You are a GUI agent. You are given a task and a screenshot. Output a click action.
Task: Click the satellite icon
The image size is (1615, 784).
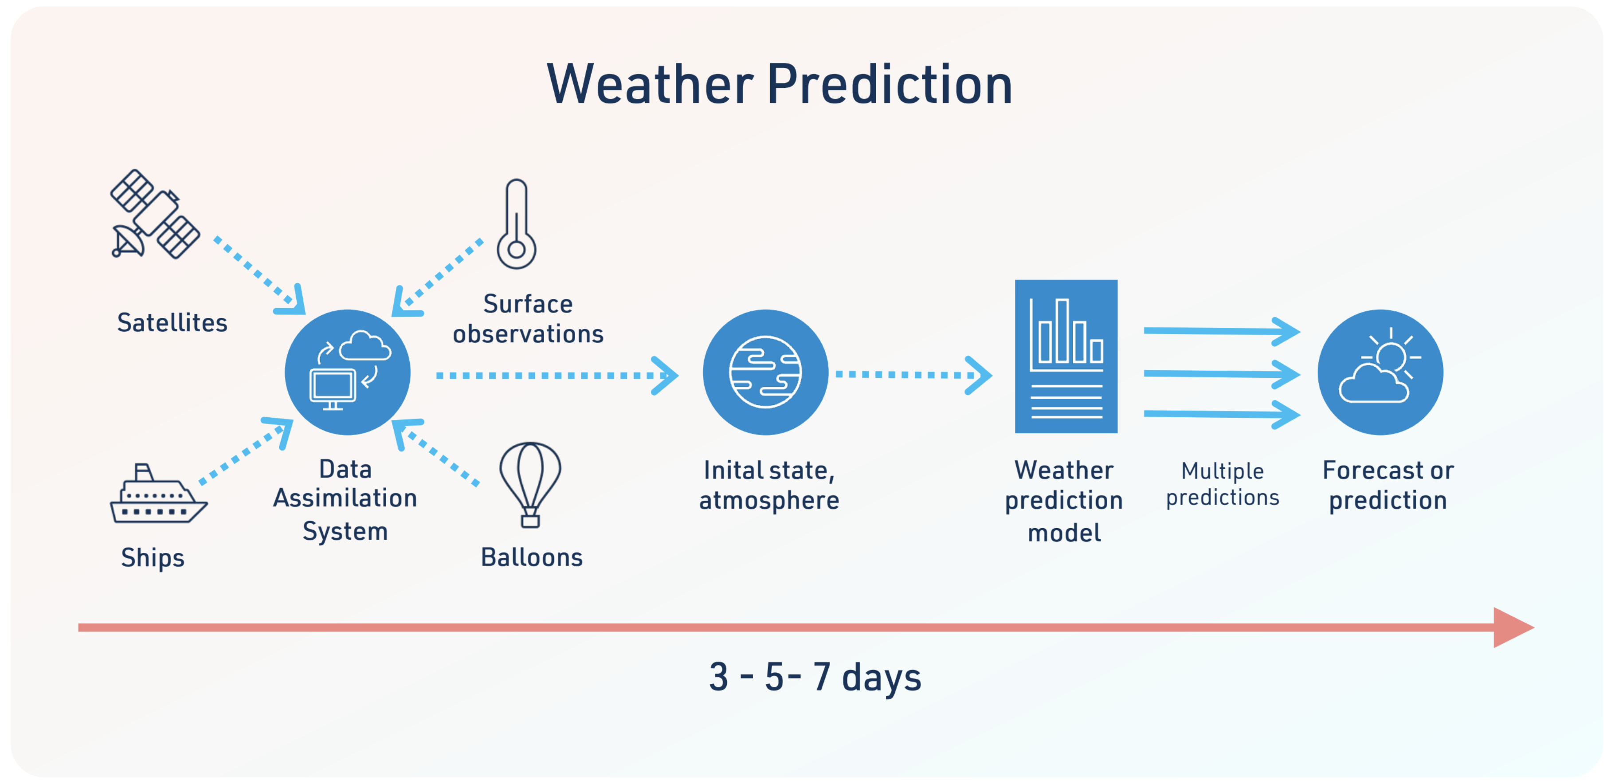coord(155,214)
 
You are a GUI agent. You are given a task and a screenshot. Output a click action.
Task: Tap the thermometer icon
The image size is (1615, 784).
coord(516,224)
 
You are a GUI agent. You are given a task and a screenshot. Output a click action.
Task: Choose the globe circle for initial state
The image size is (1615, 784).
coord(765,372)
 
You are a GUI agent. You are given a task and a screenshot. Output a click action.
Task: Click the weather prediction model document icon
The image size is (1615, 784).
coord(1066,356)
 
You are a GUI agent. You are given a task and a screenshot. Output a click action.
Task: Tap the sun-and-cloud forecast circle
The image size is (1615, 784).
coord(1380,372)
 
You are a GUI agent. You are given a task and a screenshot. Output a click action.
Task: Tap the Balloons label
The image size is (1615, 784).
coord(532,557)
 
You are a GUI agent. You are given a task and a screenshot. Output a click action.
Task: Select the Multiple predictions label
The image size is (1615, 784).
coord(1222,484)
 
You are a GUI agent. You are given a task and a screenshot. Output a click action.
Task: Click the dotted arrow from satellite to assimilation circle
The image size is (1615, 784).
coord(259,275)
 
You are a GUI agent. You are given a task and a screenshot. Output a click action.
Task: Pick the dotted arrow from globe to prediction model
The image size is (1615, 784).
coord(913,375)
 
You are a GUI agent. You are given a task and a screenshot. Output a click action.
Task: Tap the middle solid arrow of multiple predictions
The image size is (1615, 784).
coord(1222,374)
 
